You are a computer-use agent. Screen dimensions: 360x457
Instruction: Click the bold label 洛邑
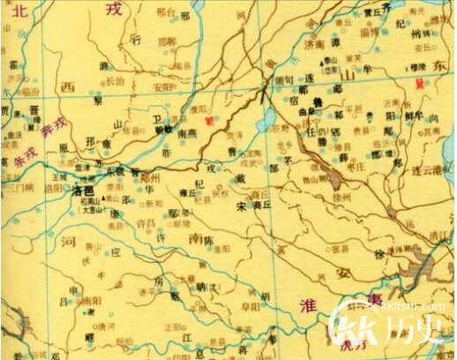pyautogui.click(x=83, y=190)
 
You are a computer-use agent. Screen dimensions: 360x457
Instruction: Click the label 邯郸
pyautogui.click(x=167, y=41)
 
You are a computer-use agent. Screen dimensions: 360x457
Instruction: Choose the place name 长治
pyautogui.click(x=116, y=79)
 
